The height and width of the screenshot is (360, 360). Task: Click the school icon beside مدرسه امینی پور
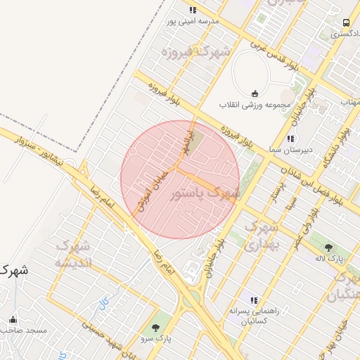[193, 10]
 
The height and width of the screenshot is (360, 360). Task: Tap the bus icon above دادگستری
[345, 22]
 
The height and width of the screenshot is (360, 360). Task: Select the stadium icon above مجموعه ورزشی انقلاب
[254, 94]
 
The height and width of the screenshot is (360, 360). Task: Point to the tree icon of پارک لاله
[328, 247]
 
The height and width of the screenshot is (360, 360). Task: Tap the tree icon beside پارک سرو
[155, 327]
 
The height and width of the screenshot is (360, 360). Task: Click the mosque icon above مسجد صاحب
[13, 319]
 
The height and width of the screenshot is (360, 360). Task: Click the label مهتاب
[350, 103]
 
